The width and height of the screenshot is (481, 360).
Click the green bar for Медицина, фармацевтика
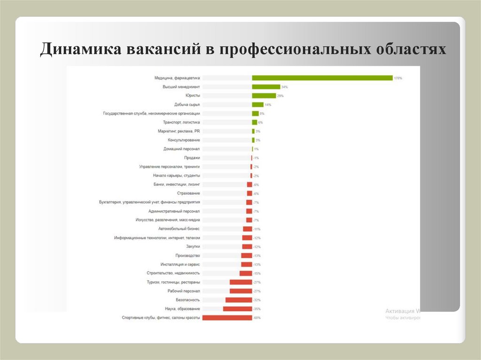322,78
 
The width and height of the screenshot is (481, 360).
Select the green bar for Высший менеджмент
266,87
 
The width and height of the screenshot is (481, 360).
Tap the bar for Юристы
264,96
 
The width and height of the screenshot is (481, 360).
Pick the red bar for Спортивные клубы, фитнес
227,318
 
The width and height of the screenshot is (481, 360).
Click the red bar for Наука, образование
238,309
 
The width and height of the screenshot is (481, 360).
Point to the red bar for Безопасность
239,300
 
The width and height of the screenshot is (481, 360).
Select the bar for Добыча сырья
257,105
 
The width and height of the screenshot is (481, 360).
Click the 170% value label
398,78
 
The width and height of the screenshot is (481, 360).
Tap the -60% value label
257,318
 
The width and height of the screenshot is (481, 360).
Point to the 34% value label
284,87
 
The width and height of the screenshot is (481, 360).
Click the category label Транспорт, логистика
181,123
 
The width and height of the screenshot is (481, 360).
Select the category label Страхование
188,193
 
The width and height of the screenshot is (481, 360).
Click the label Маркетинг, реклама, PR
179,131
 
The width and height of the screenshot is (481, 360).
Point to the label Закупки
193,246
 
